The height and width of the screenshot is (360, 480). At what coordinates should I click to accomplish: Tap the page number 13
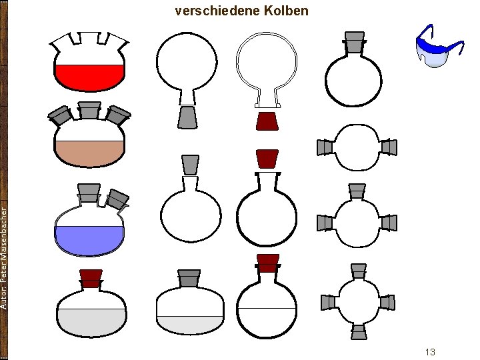429,351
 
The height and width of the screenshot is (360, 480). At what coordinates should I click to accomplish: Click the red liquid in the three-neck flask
90,76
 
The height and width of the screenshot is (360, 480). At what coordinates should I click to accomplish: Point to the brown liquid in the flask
90,153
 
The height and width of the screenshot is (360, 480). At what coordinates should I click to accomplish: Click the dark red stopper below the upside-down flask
267,121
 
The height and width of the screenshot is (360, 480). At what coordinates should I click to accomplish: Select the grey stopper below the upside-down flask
187,117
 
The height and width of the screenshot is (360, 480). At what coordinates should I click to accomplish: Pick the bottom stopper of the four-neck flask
359,331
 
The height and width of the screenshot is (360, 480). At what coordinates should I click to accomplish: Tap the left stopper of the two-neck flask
325,147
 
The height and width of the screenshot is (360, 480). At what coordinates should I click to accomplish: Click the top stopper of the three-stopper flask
357,191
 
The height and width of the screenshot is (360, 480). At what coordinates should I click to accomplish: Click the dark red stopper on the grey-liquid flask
90,277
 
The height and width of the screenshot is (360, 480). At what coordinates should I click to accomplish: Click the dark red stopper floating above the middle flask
267,159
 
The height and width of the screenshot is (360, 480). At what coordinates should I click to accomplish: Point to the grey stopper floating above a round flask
190,164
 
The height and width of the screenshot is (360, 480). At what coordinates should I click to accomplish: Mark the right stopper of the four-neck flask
387,303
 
